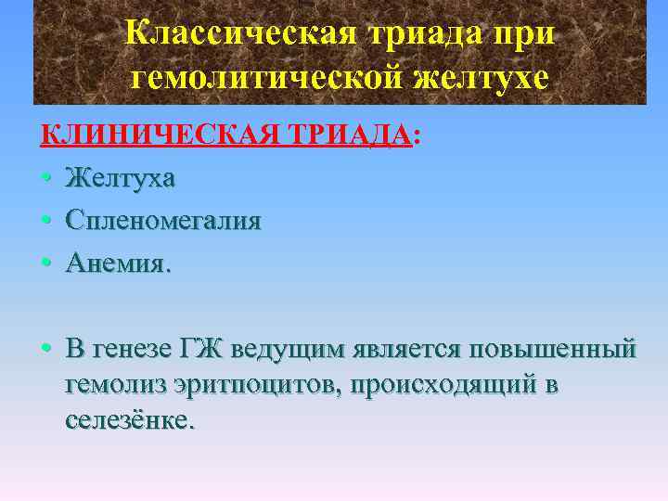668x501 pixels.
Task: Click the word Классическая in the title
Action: coord(231,34)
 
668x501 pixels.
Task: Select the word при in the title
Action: coord(527,34)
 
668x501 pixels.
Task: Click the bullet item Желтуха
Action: coord(120,178)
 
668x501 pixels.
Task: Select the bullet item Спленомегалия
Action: coord(163,221)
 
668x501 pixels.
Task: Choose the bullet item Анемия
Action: coord(118,263)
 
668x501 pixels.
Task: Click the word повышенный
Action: coord(553,349)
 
